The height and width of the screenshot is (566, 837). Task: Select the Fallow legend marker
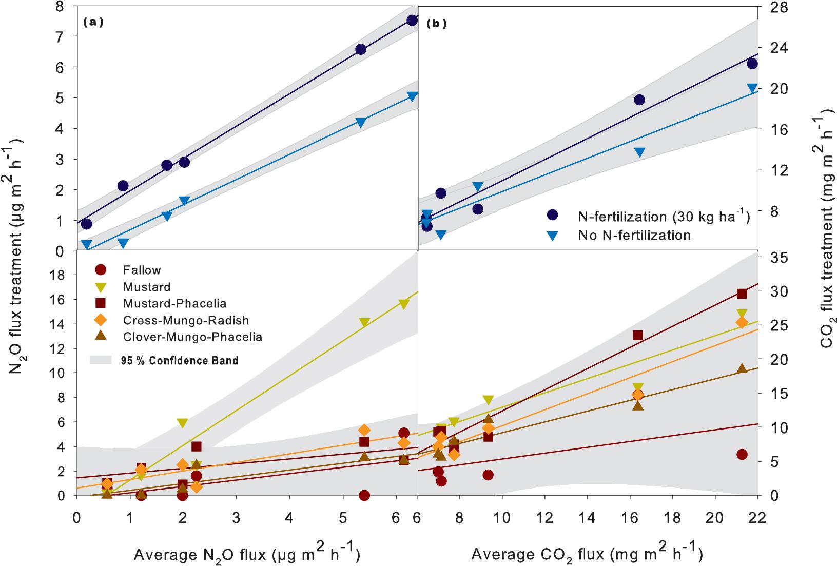[x=102, y=270]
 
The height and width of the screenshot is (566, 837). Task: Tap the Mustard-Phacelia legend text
[x=174, y=304]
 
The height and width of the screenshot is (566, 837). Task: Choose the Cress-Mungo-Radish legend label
[x=186, y=321]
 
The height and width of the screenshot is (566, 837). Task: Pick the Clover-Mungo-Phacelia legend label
[x=192, y=337]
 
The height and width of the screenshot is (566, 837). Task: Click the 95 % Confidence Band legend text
[x=183, y=361]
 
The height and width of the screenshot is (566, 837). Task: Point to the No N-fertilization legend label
[x=634, y=236]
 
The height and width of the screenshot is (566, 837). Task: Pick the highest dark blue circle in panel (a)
[x=412, y=20]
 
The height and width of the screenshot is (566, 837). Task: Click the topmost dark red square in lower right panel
[x=742, y=294]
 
